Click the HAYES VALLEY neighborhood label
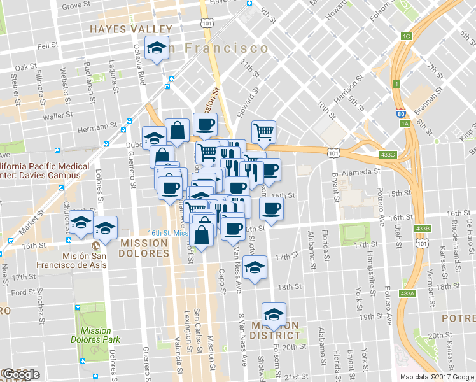130,29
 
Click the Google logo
20,374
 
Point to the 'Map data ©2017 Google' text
437,377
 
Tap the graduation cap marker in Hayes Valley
157,48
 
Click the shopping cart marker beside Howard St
263,132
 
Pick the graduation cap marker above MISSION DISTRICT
274,314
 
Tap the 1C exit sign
406,36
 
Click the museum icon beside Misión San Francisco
95,244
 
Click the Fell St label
48,46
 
